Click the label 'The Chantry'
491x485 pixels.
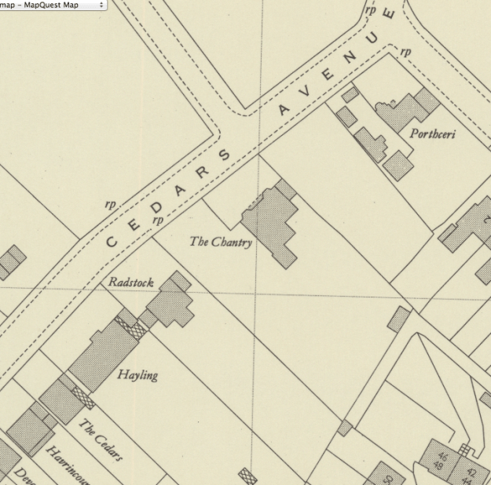(221, 242)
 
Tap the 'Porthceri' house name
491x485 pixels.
(432, 133)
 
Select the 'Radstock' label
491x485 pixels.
(131, 282)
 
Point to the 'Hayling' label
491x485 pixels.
(137, 375)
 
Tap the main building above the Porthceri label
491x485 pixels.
(408, 111)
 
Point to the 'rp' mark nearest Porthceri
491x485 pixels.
(405, 53)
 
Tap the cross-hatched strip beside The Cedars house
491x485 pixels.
(82, 398)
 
